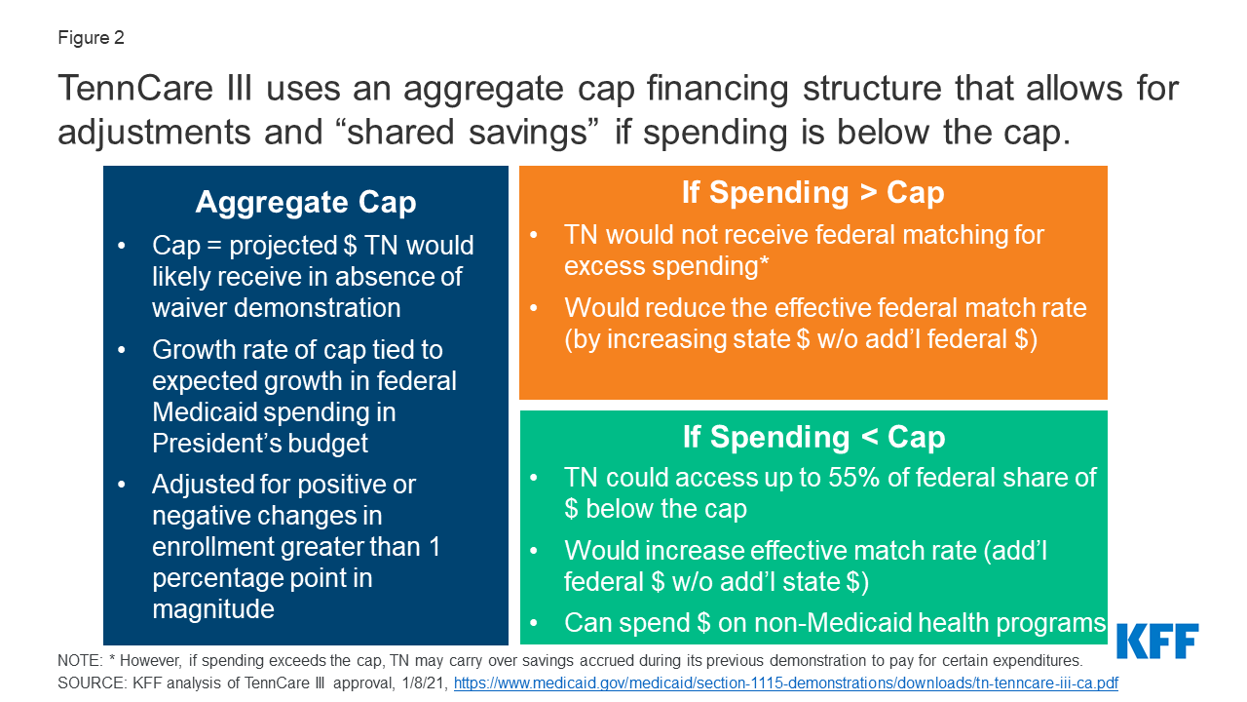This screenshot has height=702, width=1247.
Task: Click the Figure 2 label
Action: (91, 38)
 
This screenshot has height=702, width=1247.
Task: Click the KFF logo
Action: (1157, 641)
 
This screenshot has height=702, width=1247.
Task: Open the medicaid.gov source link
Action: (785, 683)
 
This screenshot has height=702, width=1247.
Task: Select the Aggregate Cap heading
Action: (306, 202)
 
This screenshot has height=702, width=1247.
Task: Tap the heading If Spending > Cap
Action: (812, 193)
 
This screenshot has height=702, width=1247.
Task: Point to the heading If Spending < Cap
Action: (813, 437)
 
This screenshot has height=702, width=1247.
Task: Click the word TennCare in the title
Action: (134, 89)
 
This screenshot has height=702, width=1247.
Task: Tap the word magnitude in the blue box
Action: (213, 609)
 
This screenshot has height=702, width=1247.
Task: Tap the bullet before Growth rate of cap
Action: (122, 350)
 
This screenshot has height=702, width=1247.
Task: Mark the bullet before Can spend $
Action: (533, 623)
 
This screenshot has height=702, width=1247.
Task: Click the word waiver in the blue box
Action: (189, 308)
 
